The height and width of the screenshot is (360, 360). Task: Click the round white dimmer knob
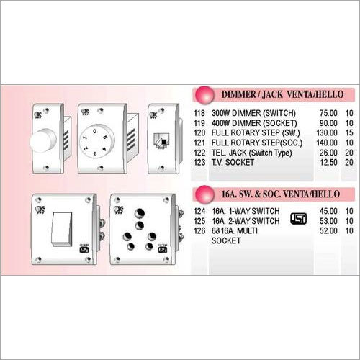click(43, 141)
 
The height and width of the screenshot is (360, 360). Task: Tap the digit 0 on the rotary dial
click(95, 131)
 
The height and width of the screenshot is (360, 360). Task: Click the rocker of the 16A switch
click(62, 229)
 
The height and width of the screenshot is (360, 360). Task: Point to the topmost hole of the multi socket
click(140, 213)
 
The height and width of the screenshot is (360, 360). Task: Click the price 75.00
click(328, 113)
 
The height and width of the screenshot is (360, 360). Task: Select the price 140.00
click(327, 143)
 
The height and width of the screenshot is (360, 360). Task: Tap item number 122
click(199, 153)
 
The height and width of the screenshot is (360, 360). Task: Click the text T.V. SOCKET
click(233, 163)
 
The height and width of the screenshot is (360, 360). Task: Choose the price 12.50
click(328, 163)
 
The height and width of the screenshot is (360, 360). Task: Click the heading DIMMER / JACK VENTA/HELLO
click(282, 94)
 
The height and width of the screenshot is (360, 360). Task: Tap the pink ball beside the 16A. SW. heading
click(204, 194)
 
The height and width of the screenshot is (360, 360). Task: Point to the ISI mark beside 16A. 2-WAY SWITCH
click(298, 219)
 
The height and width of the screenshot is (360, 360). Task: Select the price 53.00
click(328, 221)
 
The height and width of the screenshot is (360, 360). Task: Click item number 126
click(199, 231)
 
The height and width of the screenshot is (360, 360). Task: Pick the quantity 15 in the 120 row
click(349, 132)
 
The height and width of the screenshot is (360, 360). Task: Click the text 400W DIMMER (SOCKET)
click(254, 123)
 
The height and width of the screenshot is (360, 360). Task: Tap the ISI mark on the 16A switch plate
click(84, 249)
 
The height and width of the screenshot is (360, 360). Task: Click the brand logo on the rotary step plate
click(85, 112)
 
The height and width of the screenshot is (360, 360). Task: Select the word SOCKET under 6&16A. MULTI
click(226, 240)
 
